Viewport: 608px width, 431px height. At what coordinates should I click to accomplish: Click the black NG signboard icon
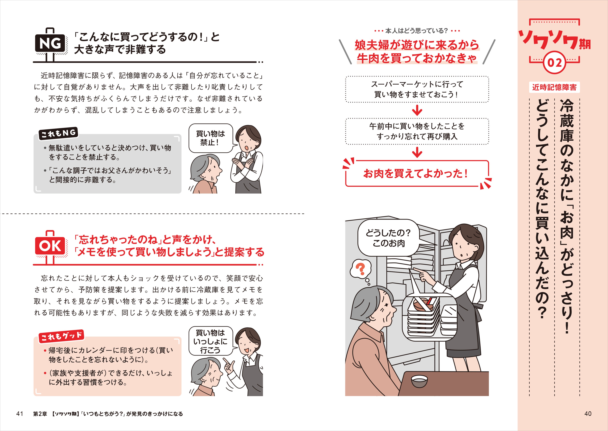click(x=50, y=43)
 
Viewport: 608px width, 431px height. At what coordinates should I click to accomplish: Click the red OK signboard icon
click(x=50, y=246)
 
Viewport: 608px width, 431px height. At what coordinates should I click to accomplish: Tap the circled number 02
click(x=554, y=63)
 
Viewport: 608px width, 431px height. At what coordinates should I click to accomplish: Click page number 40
click(x=588, y=414)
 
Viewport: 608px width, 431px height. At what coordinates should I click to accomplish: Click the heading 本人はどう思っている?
click(x=417, y=31)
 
